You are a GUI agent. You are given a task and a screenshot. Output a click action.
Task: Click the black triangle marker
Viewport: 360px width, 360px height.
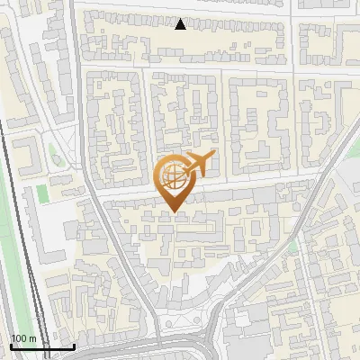pyautogui.click(x=181, y=24)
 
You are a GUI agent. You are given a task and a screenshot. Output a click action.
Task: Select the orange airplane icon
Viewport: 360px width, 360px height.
pyautogui.click(x=200, y=165)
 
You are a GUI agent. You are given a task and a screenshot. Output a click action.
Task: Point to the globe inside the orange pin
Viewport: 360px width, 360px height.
pyautogui.click(x=172, y=175)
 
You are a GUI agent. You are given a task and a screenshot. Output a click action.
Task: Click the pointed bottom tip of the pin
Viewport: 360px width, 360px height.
pyautogui.click(x=173, y=211)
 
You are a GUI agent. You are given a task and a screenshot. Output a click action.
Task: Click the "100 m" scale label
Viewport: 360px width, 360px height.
pyautogui.click(x=24, y=338)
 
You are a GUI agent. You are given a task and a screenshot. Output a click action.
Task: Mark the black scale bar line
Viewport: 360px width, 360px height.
pyautogui.click(x=42, y=346)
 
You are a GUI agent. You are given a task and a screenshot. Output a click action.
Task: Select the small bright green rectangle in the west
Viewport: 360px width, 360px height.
pyautogui.click(x=41, y=192)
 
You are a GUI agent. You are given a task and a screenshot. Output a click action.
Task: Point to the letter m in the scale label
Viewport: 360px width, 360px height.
pyautogui.click(x=33, y=338)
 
